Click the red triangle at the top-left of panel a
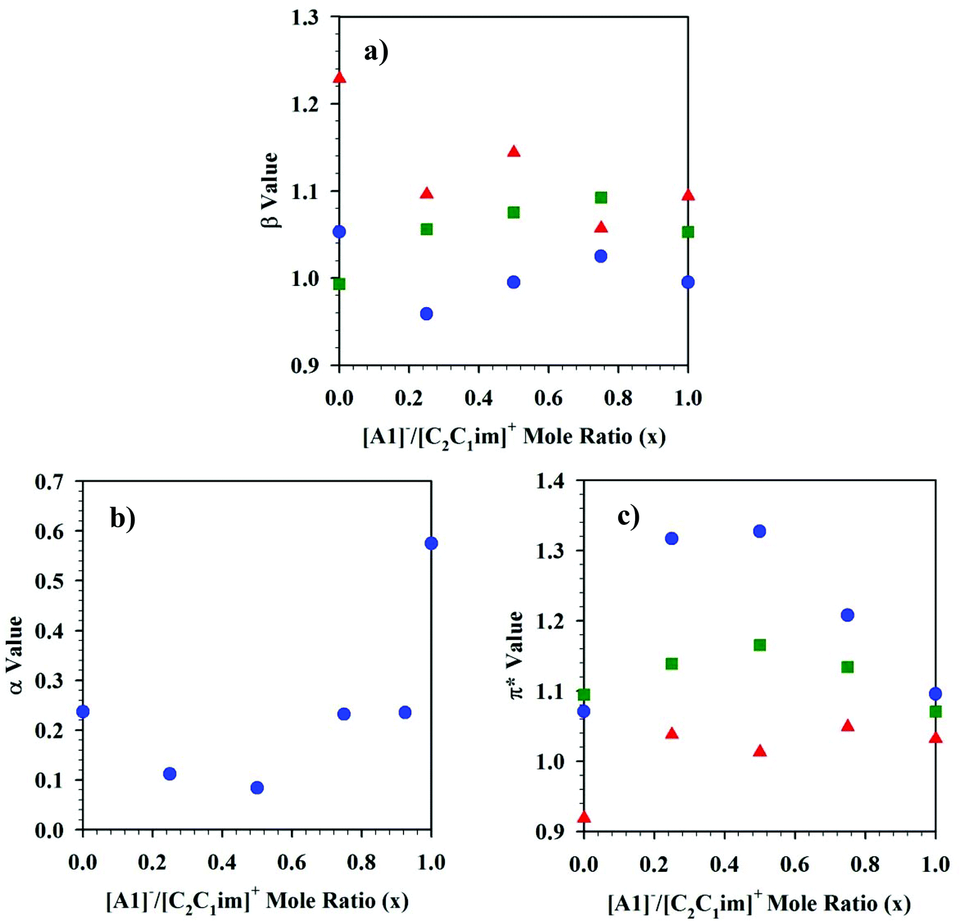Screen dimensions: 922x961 (x=339, y=78)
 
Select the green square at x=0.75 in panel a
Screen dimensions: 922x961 (x=601, y=198)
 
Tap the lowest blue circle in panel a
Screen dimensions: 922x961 (x=426, y=313)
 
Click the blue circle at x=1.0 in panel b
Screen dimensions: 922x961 (x=431, y=543)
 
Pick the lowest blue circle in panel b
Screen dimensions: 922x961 (x=257, y=788)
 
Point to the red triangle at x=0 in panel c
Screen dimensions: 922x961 (x=584, y=817)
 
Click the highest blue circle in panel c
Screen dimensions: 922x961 (x=760, y=531)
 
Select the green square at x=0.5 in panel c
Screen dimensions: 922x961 (x=760, y=645)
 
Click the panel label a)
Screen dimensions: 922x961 (x=376, y=51)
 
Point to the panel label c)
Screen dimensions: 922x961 (x=628, y=516)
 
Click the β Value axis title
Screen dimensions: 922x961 (x=270, y=190)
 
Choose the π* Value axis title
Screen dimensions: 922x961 (x=516, y=655)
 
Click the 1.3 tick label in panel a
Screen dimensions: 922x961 (x=305, y=18)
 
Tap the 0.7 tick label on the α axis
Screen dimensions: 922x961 (x=49, y=482)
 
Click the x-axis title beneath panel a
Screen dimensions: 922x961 (x=514, y=437)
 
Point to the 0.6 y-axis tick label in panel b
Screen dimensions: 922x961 (x=49, y=531)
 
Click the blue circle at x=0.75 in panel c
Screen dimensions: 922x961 (x=847, y=615)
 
